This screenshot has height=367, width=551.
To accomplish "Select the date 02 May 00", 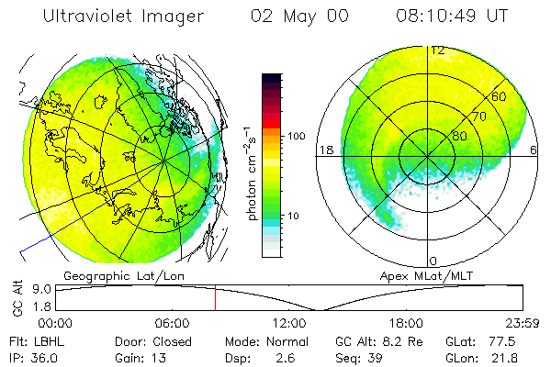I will (x=299, y=17).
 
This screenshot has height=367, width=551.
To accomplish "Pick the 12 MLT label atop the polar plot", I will (x=438, y=50).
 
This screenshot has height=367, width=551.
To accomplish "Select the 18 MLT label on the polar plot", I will (x=324, y=149).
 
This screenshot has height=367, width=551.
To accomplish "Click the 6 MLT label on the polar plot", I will (x=534, y=149).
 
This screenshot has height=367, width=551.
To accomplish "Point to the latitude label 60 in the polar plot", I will (x=499, y=96).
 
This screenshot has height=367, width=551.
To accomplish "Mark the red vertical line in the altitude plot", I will (x=215, y=297).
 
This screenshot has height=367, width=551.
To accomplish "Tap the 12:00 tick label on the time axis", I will (x=289, y=323).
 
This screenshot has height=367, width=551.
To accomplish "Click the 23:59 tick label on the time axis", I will (x=522, y=323).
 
